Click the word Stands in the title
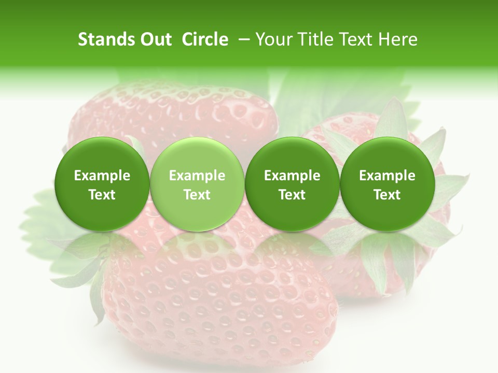point(105,39)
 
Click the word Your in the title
point(272,39)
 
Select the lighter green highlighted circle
point(197,184)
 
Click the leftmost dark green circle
point(102,184)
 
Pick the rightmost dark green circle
point(387,184)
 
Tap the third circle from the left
point(292,184)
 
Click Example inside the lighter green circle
point(197,176)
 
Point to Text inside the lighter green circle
point(197,195)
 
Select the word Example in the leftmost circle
point(102,176)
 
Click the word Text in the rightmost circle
point(387,195)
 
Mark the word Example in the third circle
point(292,176)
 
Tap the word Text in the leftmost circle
point(102,195)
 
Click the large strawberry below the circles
point(218,300)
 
